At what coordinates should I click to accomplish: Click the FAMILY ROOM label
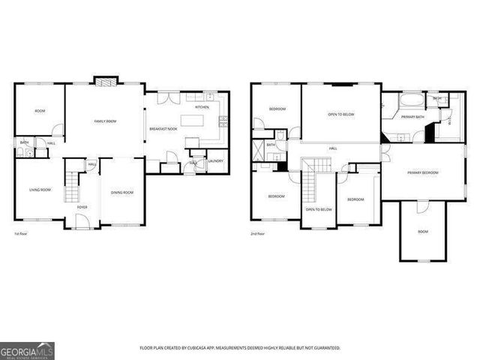pyautogui.click(x=105, y=121)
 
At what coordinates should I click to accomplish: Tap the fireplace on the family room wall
pyautogui.click(x=105, y=80)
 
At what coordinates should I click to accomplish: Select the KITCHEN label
pyautogui.click(x=202, y=107)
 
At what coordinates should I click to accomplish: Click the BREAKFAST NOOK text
pyautogui.click(x=163, y=129)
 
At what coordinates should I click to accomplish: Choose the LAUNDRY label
pyautogui.click(x=215, y=161)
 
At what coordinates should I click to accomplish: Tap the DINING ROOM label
pyautogui.click(x=122, y=193)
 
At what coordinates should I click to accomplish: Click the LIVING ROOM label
pyautogui.click(x=40, y=190)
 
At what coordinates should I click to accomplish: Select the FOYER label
pyautogui.click(x=82, y=208)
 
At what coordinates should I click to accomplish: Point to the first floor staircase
pyautogui.click(x=71, y=187)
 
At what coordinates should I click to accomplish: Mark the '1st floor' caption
pyautogui.click(x=21, y=235)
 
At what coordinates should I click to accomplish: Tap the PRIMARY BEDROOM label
pyautogui.click(x=423, y=172)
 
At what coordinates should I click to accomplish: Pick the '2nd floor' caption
pyautogui.click(x=258, y=235)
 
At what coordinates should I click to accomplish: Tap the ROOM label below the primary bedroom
pyautogui.click(x=423, y=232)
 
